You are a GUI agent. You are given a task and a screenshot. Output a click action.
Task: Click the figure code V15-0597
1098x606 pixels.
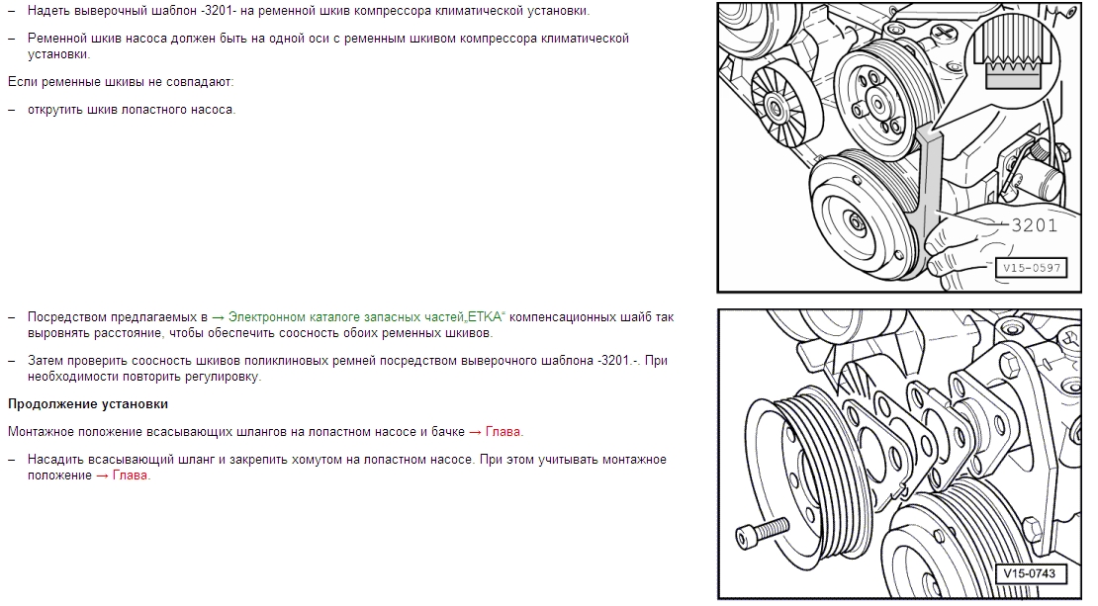point(1032,267)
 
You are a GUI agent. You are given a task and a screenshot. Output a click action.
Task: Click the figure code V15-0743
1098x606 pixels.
point(1029,573)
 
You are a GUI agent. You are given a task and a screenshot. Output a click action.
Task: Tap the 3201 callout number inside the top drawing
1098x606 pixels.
point(1035,225)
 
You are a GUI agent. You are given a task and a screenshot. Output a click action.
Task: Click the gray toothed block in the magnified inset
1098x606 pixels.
point(1013,74)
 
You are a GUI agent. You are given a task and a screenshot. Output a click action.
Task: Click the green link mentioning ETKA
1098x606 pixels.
point(366,317)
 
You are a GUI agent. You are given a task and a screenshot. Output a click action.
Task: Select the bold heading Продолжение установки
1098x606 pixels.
point(88,404)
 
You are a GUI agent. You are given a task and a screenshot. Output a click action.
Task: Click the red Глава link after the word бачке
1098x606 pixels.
point(503,432)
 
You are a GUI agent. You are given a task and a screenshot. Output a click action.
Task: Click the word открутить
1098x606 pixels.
point(55,110)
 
